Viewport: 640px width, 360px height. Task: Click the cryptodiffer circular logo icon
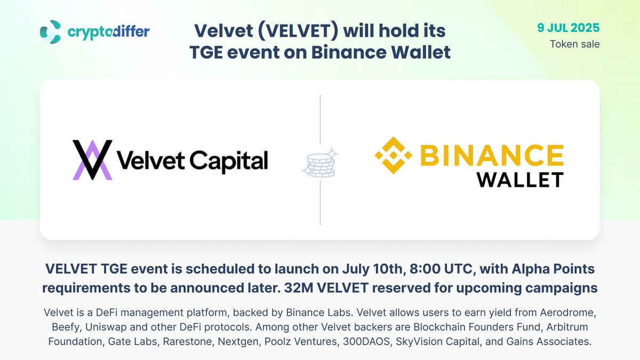tap(50, 31)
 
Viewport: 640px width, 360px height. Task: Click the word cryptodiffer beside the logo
tap(109, 31)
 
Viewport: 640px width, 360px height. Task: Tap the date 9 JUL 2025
tap(569, 28)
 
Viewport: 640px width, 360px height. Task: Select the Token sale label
tap(575, 44)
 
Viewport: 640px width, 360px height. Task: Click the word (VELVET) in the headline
tap(298, 30)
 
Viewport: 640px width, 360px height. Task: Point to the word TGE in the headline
tap(206, 52)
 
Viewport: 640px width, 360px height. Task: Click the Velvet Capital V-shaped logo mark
tap(92, 160)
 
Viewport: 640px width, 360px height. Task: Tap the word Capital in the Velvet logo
tap(229, 161)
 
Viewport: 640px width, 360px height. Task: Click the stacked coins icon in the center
tap(321, 163)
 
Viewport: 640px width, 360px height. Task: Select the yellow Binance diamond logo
tap(394, 155)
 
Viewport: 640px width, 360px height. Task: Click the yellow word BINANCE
tap(492, 155)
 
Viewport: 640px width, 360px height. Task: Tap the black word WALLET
tap(520, 180)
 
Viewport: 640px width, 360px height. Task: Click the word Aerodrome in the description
tap(568, 313)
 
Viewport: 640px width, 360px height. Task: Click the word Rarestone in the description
tap(187, 341)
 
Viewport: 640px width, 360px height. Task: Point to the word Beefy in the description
tap(66, 327)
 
